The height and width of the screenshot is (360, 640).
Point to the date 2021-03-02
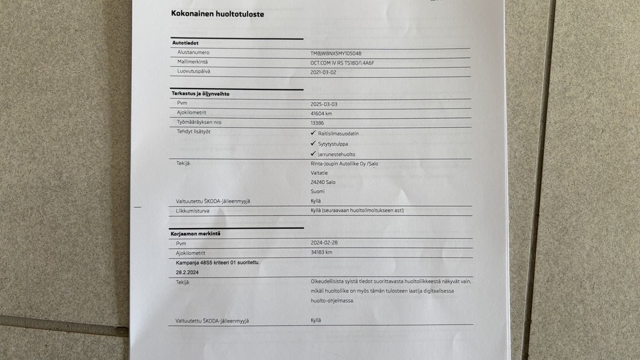click(324, 72)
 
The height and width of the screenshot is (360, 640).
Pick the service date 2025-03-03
click(325, 104)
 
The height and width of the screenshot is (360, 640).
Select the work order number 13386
click(317, 123)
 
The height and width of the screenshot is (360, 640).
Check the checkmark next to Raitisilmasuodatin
click(313, 133)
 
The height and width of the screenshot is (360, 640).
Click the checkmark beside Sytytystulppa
click(313, 143)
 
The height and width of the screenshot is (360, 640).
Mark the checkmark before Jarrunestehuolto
click(313, 154)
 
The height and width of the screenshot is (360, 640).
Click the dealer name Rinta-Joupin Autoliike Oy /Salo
click(349, 163)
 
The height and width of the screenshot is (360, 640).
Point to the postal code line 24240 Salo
click(323, 182)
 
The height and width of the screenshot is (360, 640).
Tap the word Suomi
click(317, 191)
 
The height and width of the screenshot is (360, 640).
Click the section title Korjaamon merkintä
click(195, 235)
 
